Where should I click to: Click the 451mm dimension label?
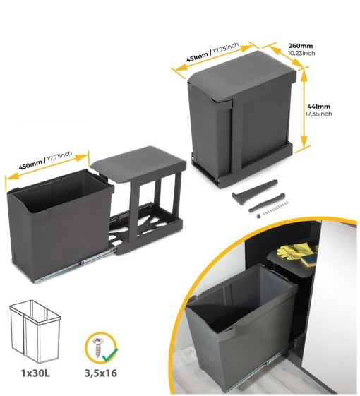[x=197, y=57]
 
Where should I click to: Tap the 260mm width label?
[x=301, y=46]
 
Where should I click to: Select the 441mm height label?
[x=318, y=107]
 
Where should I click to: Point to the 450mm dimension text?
[x=30, y=165]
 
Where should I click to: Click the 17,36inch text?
[x=318, y=114]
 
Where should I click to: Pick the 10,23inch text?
[x=301, y=53]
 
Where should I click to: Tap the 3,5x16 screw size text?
[x=101, y=373]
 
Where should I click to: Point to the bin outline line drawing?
[x=35, y=331]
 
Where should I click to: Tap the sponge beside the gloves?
[x=308, y=260]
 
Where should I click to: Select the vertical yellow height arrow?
[x=304, y=109]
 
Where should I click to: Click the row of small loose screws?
[x=275, y=208]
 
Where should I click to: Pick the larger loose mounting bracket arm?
[x=254, y=191]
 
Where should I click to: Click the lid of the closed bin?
[x=242, y=75]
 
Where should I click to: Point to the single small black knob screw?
[x=257, y=216]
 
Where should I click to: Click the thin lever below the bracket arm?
[x=267, y=203]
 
